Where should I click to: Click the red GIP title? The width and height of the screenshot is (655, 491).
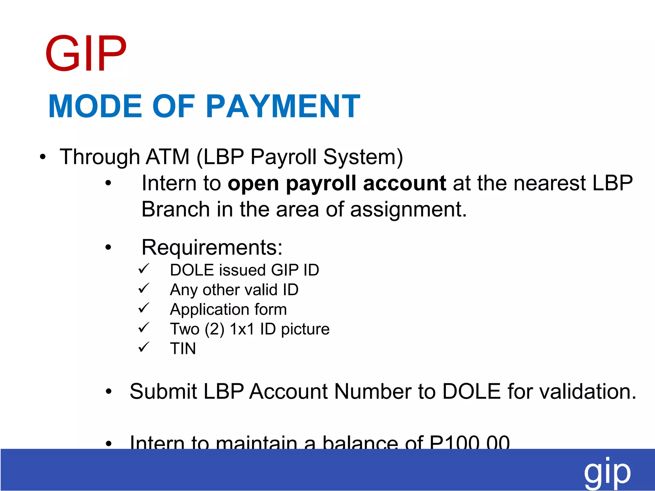pos(86,53)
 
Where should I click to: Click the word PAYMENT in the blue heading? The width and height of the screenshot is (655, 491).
pos(283,106)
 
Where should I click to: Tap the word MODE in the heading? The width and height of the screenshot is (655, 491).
pos(95,106)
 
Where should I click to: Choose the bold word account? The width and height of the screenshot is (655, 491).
pos(404,183)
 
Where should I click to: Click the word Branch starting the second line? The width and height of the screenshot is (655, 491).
pos(176,209)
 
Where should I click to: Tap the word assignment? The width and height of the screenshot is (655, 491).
pos(408,210)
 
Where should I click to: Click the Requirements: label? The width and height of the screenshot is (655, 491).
pos(212,247)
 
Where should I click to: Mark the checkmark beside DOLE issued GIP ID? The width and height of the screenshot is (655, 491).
pos(144,269)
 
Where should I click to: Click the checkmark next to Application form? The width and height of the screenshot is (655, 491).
pos(144,308)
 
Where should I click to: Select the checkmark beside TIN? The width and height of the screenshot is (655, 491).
pos(144,347)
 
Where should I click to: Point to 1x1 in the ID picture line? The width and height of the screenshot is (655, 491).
pos(242,329)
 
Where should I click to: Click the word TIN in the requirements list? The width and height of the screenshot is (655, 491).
pos(183,348)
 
